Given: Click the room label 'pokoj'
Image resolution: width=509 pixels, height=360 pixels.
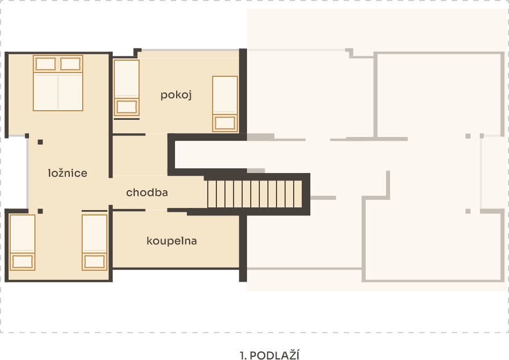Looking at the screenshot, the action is pyautogui.click(x=176, y=95).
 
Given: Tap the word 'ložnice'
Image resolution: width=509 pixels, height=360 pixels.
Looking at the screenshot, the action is pyautogui.click(x=68, y=173).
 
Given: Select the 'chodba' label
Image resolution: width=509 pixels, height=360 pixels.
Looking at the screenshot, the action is pyautogui.click(x=147, y=192).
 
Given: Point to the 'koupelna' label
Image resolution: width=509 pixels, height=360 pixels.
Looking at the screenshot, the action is pyautogui.click(x=172, y=241).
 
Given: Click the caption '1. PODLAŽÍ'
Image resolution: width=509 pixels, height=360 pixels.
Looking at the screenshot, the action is pyautogui.click(x=270, y=355).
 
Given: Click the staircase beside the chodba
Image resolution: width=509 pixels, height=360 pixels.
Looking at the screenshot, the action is pyautogui.click(x=255, y=194).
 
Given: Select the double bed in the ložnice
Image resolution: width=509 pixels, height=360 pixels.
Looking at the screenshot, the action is pyautogui.click(x=58, y=83).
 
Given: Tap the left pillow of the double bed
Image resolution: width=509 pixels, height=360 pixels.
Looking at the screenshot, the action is pyautogui.click(x=46, y=64).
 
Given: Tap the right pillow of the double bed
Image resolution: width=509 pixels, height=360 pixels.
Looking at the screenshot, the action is pyautogui.click(x=70, y=64).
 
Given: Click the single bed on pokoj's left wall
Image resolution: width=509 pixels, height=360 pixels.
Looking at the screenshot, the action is pyautogui.click(x=127, y=88).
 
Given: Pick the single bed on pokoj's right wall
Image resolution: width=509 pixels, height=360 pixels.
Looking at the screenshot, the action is pyautogui.click(x=225, y=104).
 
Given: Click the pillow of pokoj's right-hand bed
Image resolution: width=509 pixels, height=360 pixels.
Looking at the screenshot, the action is pyautogui.click(x=225, y=123).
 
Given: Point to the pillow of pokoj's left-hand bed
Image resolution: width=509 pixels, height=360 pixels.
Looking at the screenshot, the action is pyautogui.click(x=127, y=107).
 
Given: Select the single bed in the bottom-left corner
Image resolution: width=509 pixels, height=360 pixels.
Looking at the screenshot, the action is pyautogui.click(x=23, y=242).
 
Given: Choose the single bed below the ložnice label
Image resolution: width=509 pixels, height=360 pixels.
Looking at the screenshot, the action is pyautogui.click(x=94, y=242).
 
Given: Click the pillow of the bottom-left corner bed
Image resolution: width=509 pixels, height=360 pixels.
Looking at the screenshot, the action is pyautogui.click(x=23, y=261).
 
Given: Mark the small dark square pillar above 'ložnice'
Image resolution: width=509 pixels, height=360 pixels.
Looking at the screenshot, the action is pyautogui.click(x=40, y=142).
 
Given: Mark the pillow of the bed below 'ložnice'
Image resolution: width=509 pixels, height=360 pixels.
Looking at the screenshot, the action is pyautogui.click(x=94, y=261).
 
